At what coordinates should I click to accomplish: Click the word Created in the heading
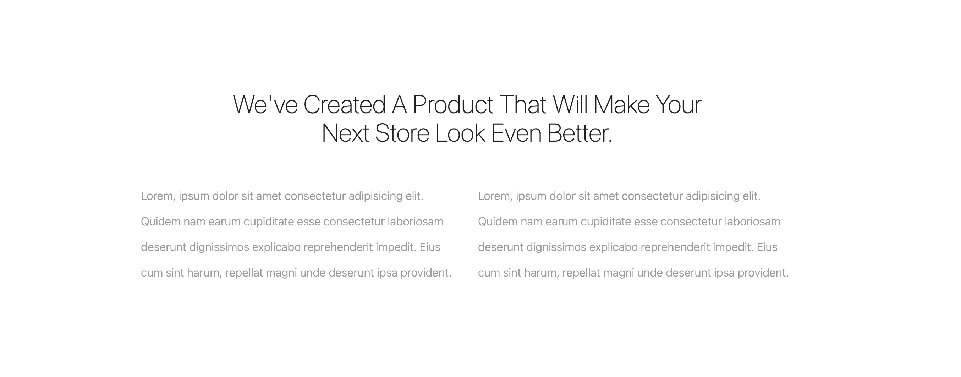[344, 104]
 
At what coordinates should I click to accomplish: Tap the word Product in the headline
[453, 104]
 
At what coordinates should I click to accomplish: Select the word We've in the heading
[265, 104]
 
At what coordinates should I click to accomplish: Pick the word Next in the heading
[345, 133]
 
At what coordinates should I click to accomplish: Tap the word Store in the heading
[402, 133]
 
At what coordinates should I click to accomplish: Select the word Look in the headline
[460, 133]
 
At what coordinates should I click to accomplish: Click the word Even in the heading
[516, 133]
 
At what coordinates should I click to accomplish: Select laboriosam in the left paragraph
[415, 222]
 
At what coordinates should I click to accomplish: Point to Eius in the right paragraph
[767, 247]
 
